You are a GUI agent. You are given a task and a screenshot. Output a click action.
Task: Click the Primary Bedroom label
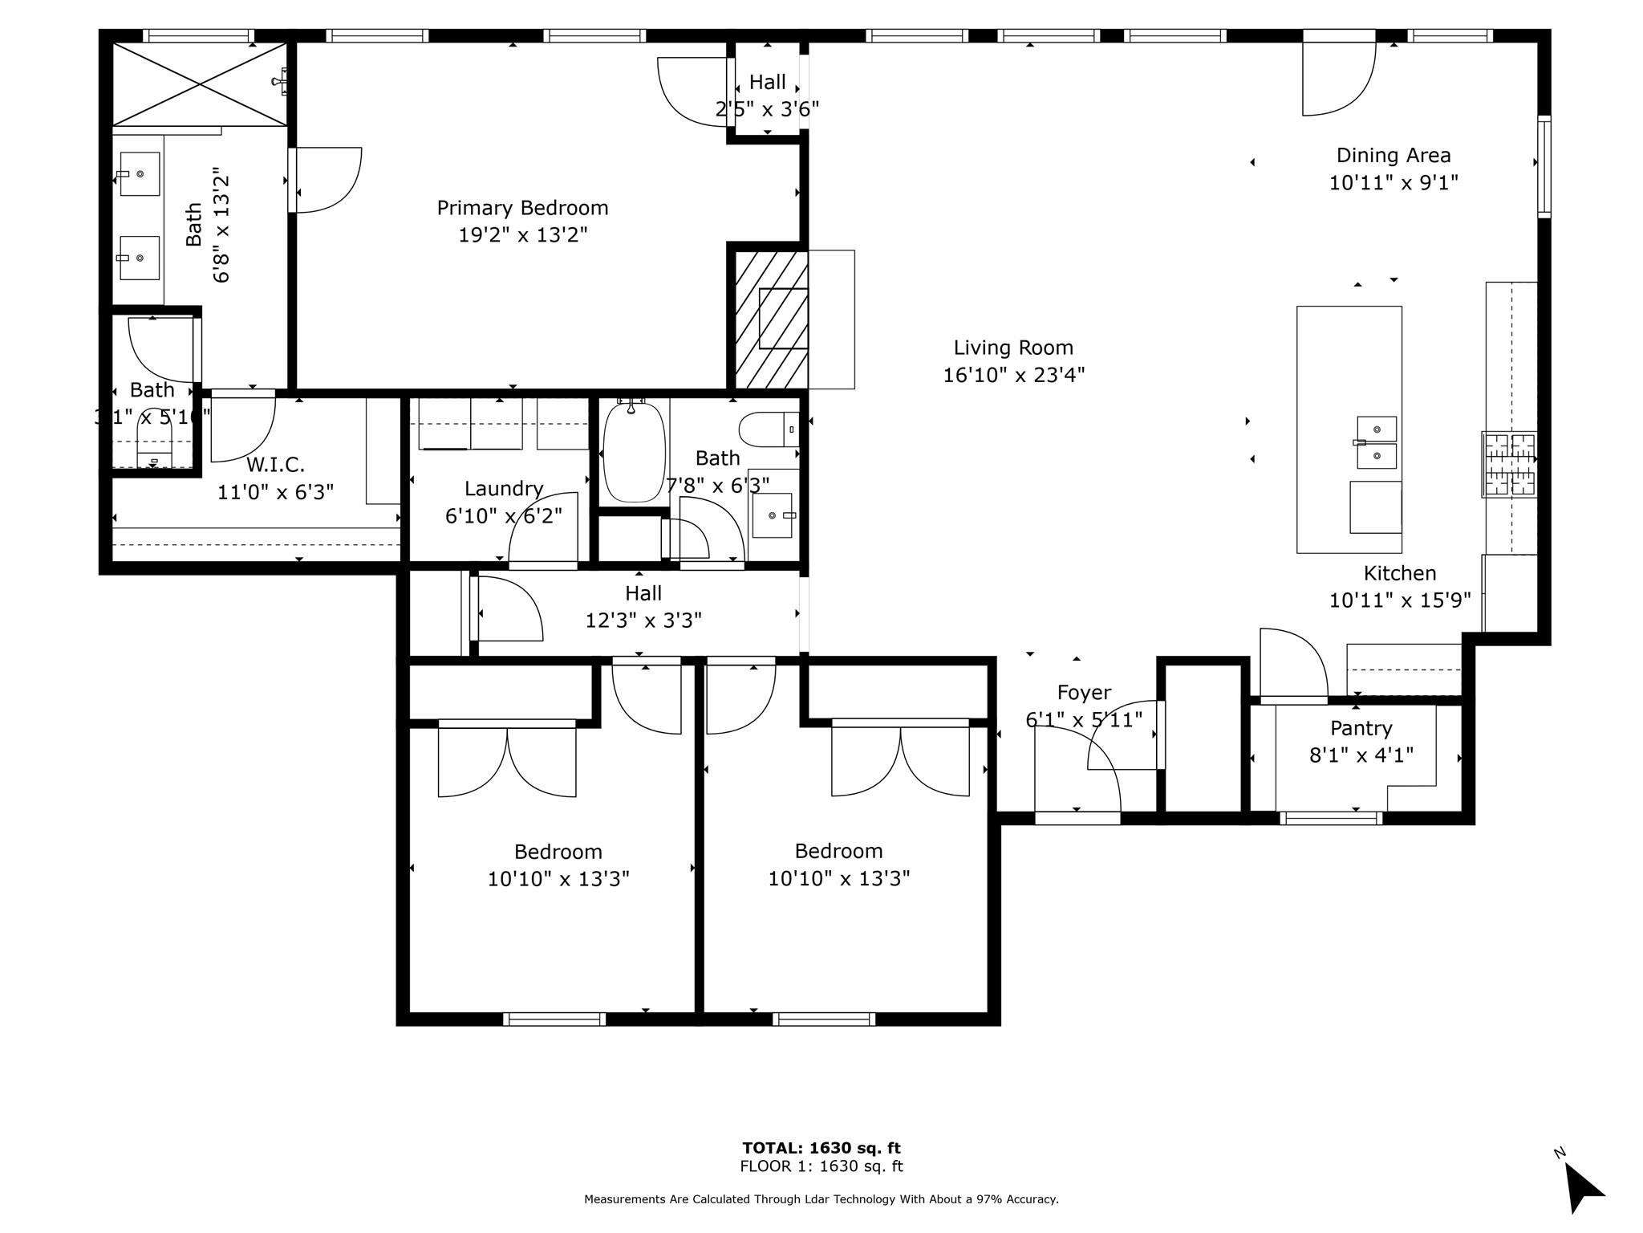(x=522, y=208)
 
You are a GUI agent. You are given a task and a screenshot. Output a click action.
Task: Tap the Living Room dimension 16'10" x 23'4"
(x=1013, y=375)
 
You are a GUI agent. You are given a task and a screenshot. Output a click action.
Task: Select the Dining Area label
(x=1393, y=155)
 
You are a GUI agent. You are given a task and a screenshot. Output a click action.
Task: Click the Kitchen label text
(x=1399, y=573)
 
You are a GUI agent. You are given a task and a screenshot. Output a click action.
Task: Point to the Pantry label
(x=1361, y=728)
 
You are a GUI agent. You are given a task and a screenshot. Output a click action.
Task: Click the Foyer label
(x=1083, y=692)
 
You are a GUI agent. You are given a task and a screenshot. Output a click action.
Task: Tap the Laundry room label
(x=504, y=488)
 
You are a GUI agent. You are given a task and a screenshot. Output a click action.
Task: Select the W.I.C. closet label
(x=275, y=465)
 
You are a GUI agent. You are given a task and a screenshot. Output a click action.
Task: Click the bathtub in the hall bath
(x=634, y=452)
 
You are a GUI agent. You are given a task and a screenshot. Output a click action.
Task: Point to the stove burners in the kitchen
(x=1509, y=464)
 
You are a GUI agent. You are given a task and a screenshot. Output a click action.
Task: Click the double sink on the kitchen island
(x=1376, y=442)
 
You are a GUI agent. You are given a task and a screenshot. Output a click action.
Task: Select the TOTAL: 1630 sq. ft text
(x=821, y=1148)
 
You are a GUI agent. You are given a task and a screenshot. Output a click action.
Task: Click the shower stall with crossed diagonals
(x=199, y=83)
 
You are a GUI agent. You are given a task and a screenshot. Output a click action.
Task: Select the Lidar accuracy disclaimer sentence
(x=821, y=1199)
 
